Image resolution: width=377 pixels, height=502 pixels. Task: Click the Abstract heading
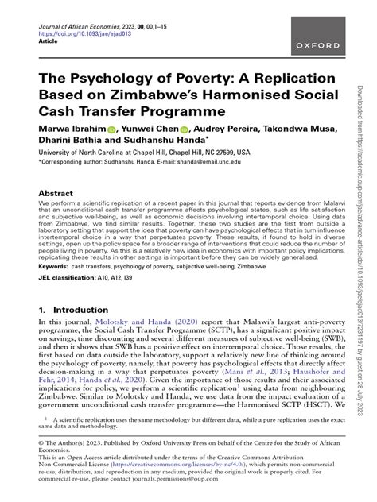pos(56,193)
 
